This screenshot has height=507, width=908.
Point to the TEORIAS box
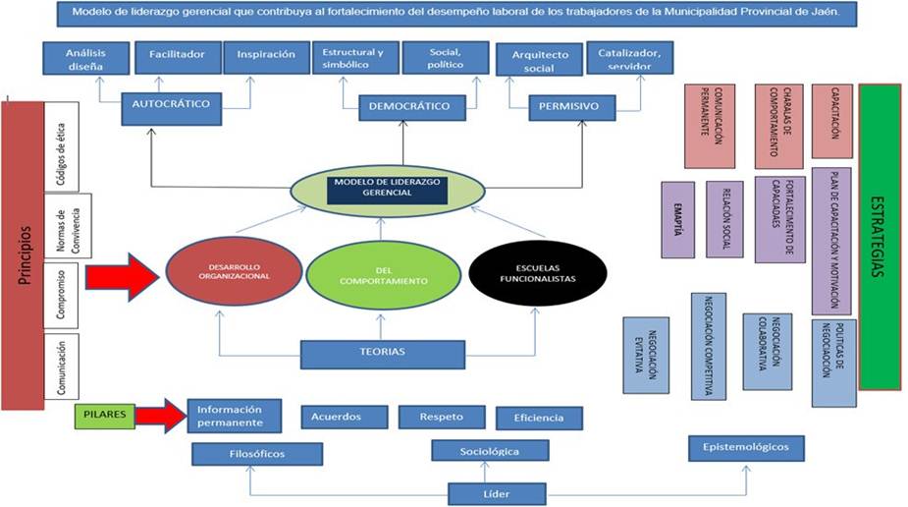point(382,352)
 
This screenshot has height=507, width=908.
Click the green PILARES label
point(104,415)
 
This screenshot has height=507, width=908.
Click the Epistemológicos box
point(746,447)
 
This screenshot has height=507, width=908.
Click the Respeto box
point(441,417)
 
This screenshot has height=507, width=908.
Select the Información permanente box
point(234,416)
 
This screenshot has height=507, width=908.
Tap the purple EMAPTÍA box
point(677,219)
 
